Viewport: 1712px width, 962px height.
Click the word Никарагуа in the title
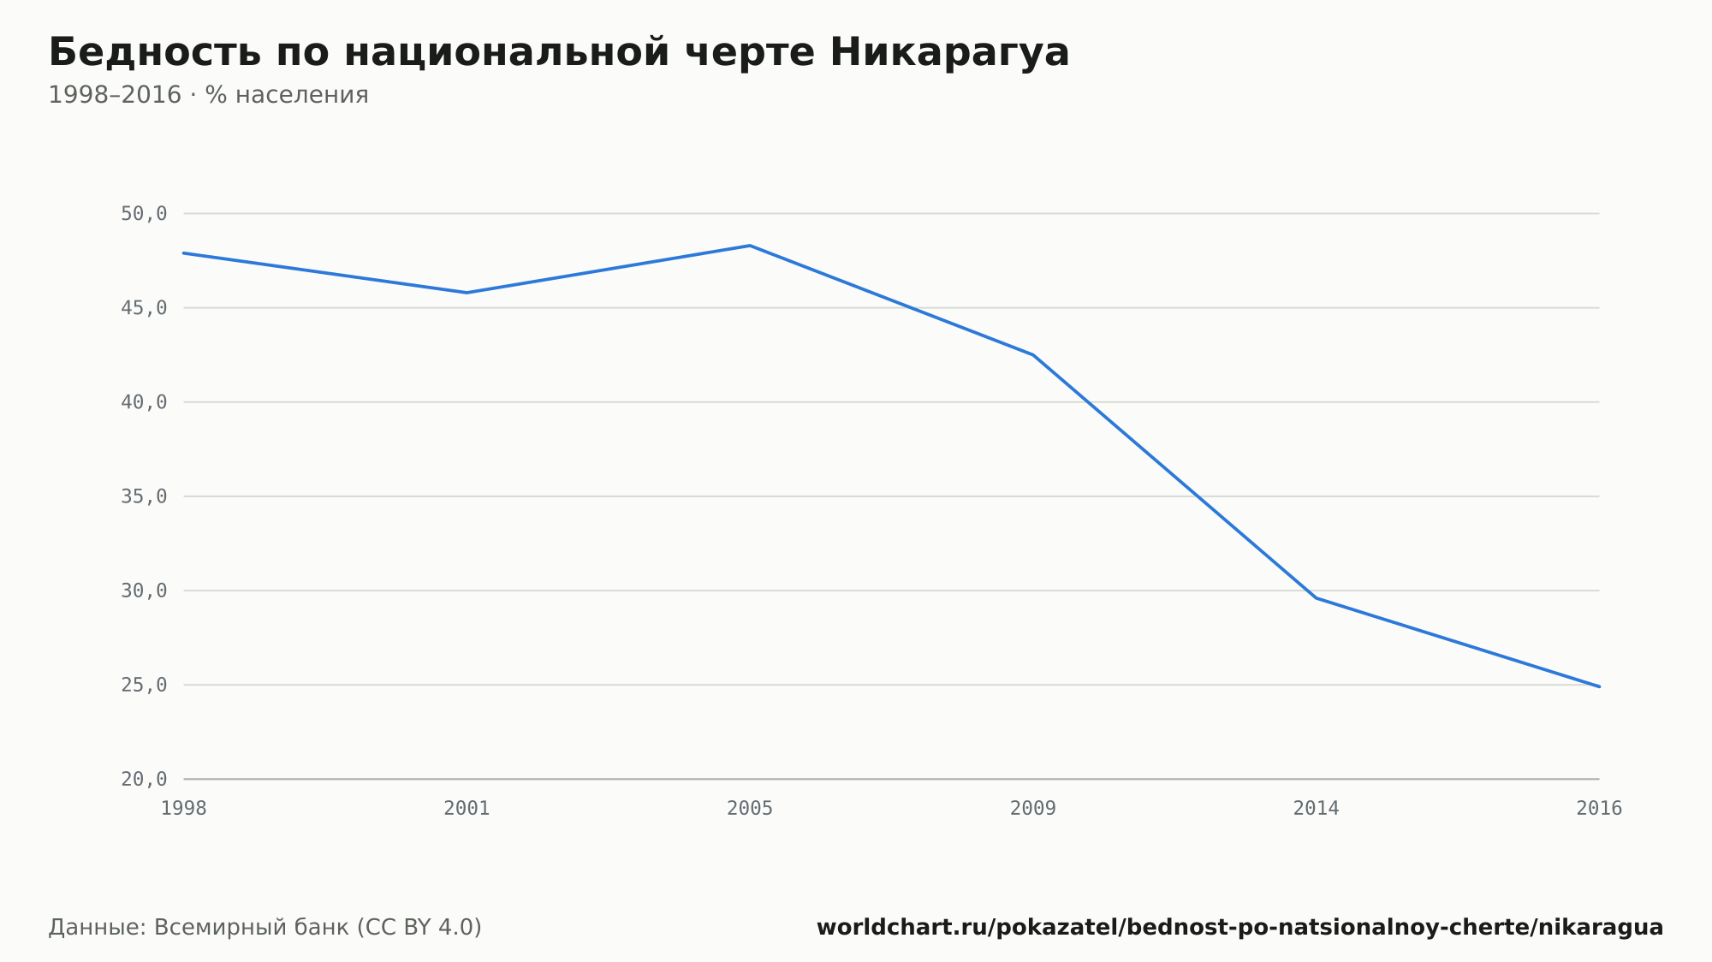tap(949, 52)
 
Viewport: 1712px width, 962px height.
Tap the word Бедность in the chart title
tap(155, 52)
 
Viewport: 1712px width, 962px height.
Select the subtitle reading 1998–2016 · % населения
tap(208, 95)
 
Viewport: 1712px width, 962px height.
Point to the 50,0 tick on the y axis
tap(144, 214)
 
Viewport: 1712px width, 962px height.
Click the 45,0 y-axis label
tap(144, 308)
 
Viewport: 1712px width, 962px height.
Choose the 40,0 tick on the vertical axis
tap(144, 402)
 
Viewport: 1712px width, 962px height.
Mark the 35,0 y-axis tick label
tap(144, 496)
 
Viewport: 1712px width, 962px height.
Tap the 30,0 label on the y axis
tap(144, 591)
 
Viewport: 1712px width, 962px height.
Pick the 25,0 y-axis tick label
tap(144, 685)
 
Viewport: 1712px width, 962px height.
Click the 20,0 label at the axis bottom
tap(144, 779)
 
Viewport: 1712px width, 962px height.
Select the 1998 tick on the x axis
tap(184, 809)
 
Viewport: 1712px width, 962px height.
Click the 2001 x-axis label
tap(467, 809)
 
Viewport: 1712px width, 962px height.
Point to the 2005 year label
tap(750, 809)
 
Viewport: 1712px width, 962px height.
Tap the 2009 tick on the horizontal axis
tap(1033, 809)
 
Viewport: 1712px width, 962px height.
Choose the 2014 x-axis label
tap(1317, 809)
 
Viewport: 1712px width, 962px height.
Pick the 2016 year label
tap(1599, 809)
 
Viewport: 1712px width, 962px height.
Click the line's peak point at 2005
tap(750, 246)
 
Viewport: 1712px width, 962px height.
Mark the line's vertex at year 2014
tap(1317, 597)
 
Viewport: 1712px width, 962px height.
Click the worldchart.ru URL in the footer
tap(1240, 928)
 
